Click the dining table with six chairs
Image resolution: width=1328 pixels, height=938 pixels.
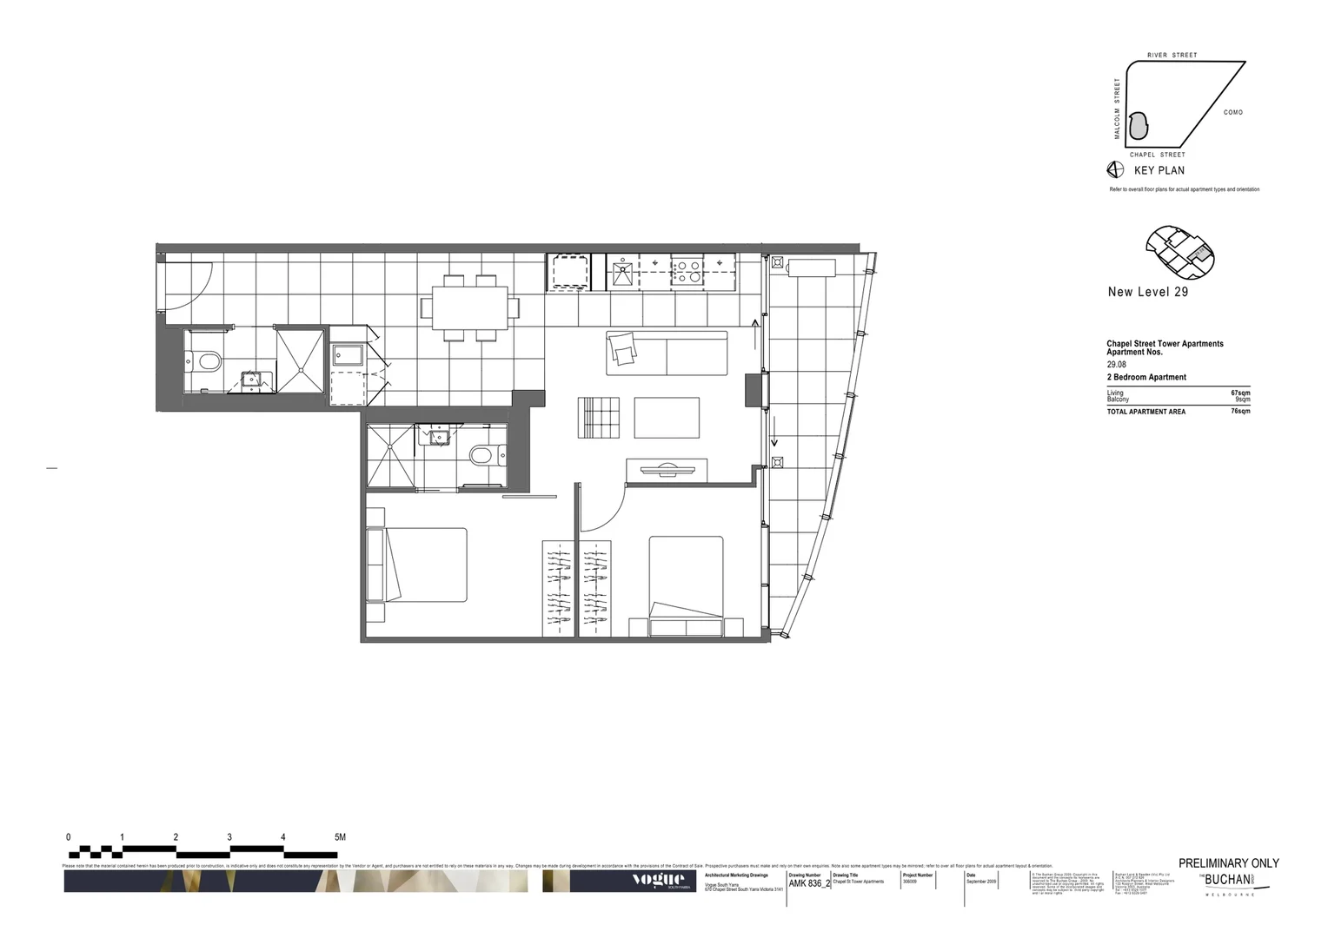pos(470,308)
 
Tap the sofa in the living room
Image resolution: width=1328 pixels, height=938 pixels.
pos(667,353)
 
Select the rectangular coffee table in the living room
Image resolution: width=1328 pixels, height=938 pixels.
pos(667,418)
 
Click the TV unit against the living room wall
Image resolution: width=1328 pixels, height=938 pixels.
pos(667,470)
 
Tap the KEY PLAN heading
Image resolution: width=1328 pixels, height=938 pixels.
pos(1159,170)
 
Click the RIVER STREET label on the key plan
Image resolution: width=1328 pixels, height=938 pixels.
pos(1172,56)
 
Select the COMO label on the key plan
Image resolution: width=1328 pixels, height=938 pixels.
pos(1232,112)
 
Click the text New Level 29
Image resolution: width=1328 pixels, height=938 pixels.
pos(1147,292)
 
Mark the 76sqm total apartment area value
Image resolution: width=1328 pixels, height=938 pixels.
pos(1240,411)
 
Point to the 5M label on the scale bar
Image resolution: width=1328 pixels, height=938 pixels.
pos(340,837)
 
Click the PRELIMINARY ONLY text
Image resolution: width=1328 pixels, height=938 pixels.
pos(1228,863)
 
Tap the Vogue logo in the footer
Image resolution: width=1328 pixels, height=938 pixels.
pos(658,880)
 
